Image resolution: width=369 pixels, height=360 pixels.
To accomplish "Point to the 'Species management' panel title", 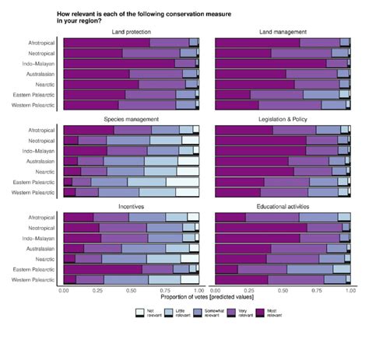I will pos(131,119).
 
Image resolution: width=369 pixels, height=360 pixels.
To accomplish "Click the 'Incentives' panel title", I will pos(131,207).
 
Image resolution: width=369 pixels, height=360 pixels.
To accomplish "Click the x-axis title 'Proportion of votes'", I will pos(207,296).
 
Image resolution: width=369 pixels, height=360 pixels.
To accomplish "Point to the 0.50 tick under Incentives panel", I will pos(132,289).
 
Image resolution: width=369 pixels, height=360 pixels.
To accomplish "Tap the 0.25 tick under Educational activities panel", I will pos(248,289).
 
